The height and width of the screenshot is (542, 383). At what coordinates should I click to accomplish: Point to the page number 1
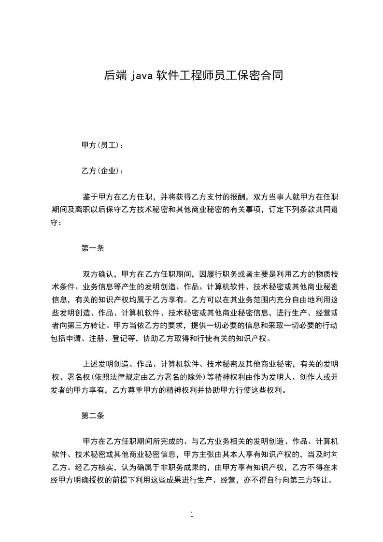[192, 514]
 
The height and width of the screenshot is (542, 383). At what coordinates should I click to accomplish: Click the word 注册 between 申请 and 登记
[97, 338]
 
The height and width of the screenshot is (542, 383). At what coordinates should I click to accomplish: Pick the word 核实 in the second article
[104, 467]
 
